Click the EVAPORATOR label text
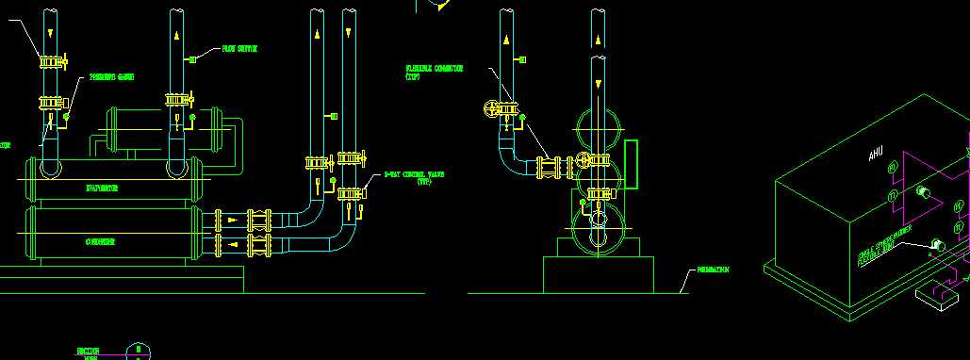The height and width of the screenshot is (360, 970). click(102, 188)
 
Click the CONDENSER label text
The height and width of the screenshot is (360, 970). click(101, 242)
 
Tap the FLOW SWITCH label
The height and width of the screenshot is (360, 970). click(238, 48)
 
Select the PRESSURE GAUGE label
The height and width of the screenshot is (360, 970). click(111, 77)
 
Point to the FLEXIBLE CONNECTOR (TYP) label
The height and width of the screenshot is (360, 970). click(426, 72)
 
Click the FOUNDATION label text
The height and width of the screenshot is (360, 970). click(712, 270)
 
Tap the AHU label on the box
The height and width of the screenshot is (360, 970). click(877, 153)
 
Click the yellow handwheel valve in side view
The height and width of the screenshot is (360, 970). click(489, 109)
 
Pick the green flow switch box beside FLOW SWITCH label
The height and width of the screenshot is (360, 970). click(192, 59)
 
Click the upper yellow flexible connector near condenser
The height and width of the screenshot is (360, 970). click(256, 221)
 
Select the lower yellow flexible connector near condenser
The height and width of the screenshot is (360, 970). click(256, 247)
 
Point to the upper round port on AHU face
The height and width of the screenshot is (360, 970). click(922, 193)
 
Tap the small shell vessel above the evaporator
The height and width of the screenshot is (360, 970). click(162, 129)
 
